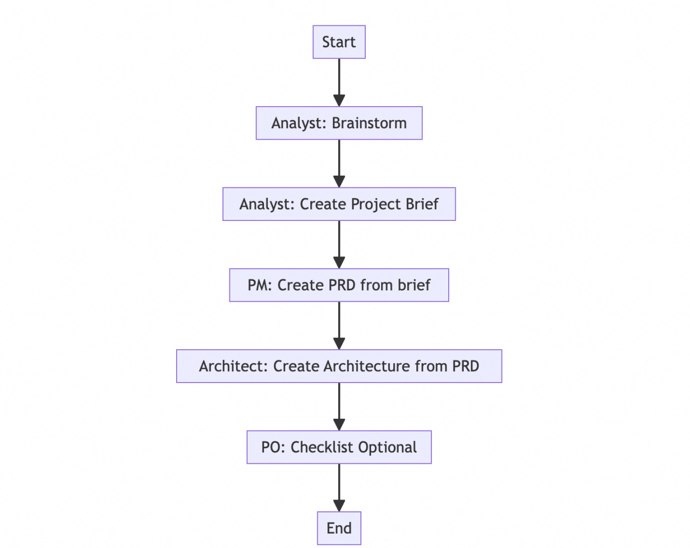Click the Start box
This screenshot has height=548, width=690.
click(339, 42)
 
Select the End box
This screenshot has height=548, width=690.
click(339, 528)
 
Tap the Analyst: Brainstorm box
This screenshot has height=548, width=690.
click(339, 123)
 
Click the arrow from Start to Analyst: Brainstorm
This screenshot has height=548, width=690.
click(339, 82)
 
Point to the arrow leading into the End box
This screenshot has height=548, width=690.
click(339, 488)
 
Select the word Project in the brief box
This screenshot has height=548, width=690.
click(376, 205)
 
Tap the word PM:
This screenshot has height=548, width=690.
click(260, 286)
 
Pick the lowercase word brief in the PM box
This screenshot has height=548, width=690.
click(414, 285)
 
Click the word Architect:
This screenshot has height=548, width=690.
click(233, 366)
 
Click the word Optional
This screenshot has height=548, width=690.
click(387, 447)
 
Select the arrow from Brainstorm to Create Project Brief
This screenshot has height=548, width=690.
click(339, 163)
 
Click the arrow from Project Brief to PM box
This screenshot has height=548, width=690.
click(339, 245)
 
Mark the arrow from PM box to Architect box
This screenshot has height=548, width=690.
click(339, 325)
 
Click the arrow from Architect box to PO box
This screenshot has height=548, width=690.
click(339, 407)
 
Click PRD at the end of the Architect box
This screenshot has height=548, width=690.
click(465, 366)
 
